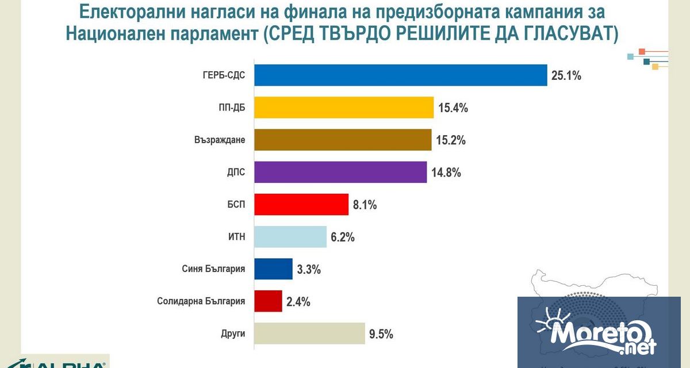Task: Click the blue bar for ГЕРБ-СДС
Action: click(x=400, y=75)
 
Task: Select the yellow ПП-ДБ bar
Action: click(x=343, y=108)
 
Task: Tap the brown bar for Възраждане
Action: click(x=343, y=140)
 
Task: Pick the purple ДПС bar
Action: click(x=340, y=172)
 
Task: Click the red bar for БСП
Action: click(x=301, y=204)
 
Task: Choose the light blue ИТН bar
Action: click(x=290, y=236)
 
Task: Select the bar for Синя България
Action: click(x=273, y=269)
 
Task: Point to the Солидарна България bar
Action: click(x=268, y=301)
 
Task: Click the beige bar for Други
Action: click(x=309, y=333)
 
